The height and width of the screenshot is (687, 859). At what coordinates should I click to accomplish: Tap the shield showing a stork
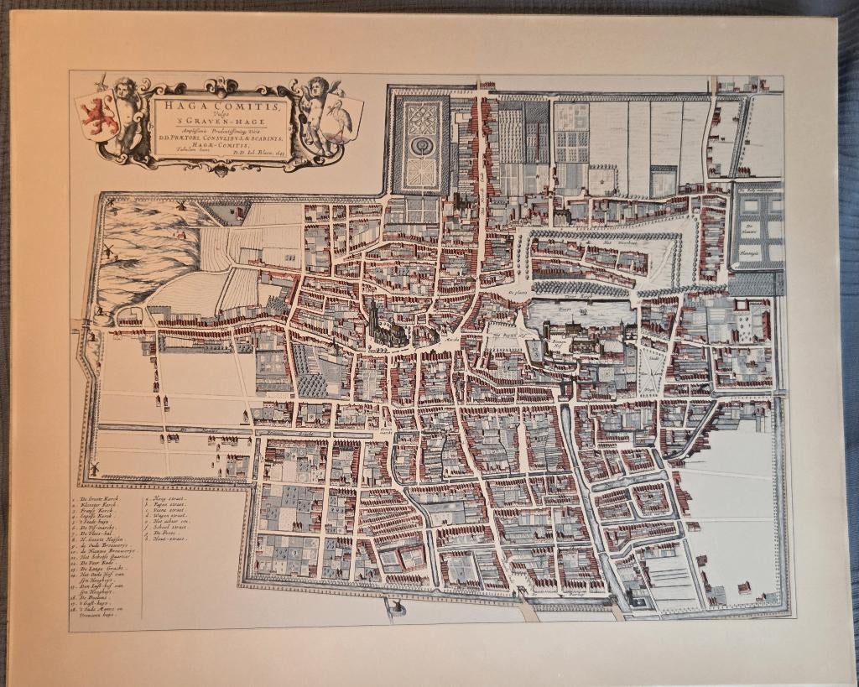pos(346,116)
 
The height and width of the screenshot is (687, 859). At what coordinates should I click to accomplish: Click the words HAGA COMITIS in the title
pos(221,108)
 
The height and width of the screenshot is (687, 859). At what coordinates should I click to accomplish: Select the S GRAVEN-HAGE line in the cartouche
pos(221,124)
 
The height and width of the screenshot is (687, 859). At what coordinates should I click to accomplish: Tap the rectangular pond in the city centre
pos(577,314)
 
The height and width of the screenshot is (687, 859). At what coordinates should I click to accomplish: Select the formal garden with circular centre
pos(421,143)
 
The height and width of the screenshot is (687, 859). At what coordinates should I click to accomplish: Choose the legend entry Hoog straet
pos(169,498)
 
